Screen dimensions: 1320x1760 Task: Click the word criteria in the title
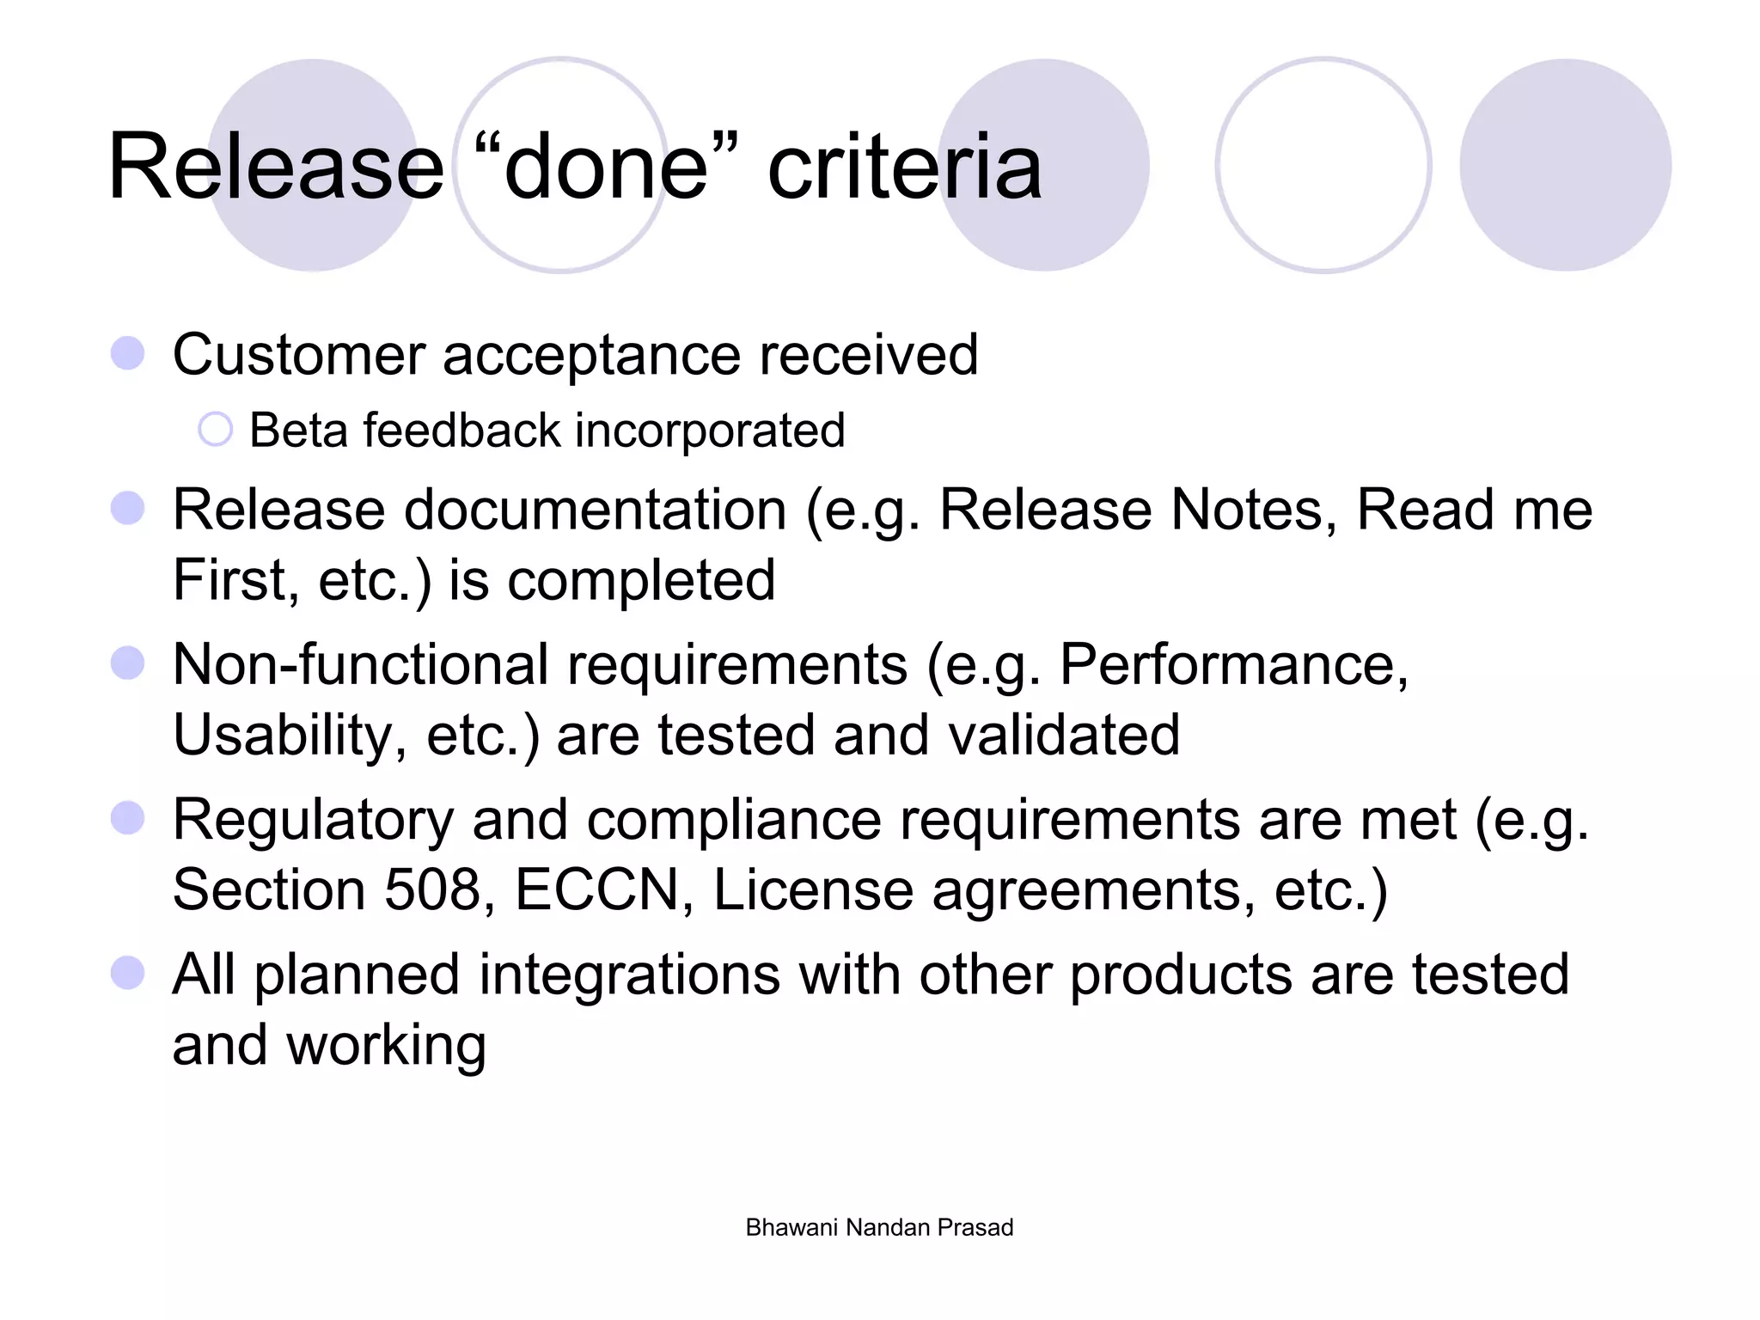click(904, 167)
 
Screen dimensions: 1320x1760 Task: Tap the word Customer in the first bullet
click(299, 354)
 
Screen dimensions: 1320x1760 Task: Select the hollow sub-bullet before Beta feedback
click(215, 430)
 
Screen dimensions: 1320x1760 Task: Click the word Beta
click(298, 430)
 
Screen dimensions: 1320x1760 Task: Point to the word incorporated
click(710, 431)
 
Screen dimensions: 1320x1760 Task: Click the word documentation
click(595, 510)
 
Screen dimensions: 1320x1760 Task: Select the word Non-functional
click(360, 664)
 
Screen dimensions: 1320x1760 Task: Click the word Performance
click(1233, 664)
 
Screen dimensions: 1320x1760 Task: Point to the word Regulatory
click(313, 820)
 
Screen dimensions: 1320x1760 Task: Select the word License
click(813, 889)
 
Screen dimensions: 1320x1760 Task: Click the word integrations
click(628, 975)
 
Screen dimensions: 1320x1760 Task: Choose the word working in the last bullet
click(386, 1045)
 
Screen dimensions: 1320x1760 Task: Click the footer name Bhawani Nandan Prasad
click(879, 1227)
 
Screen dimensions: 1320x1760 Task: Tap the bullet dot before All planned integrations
click(127, 974)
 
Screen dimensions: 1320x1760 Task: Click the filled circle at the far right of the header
click(1565, 165)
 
